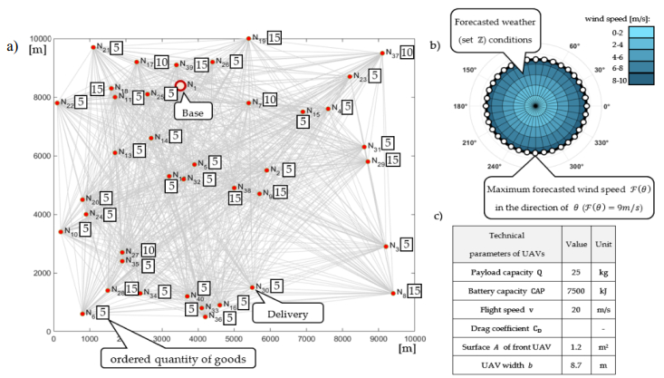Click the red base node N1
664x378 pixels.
coord(180,86)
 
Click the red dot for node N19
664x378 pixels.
coord(248,39)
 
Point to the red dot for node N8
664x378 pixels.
coord(393,293)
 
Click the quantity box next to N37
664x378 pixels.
coord(407,53)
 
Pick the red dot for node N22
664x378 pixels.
coord(57,102)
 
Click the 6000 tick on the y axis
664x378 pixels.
coord(43,156)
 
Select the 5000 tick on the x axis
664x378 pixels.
coord(234,338)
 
